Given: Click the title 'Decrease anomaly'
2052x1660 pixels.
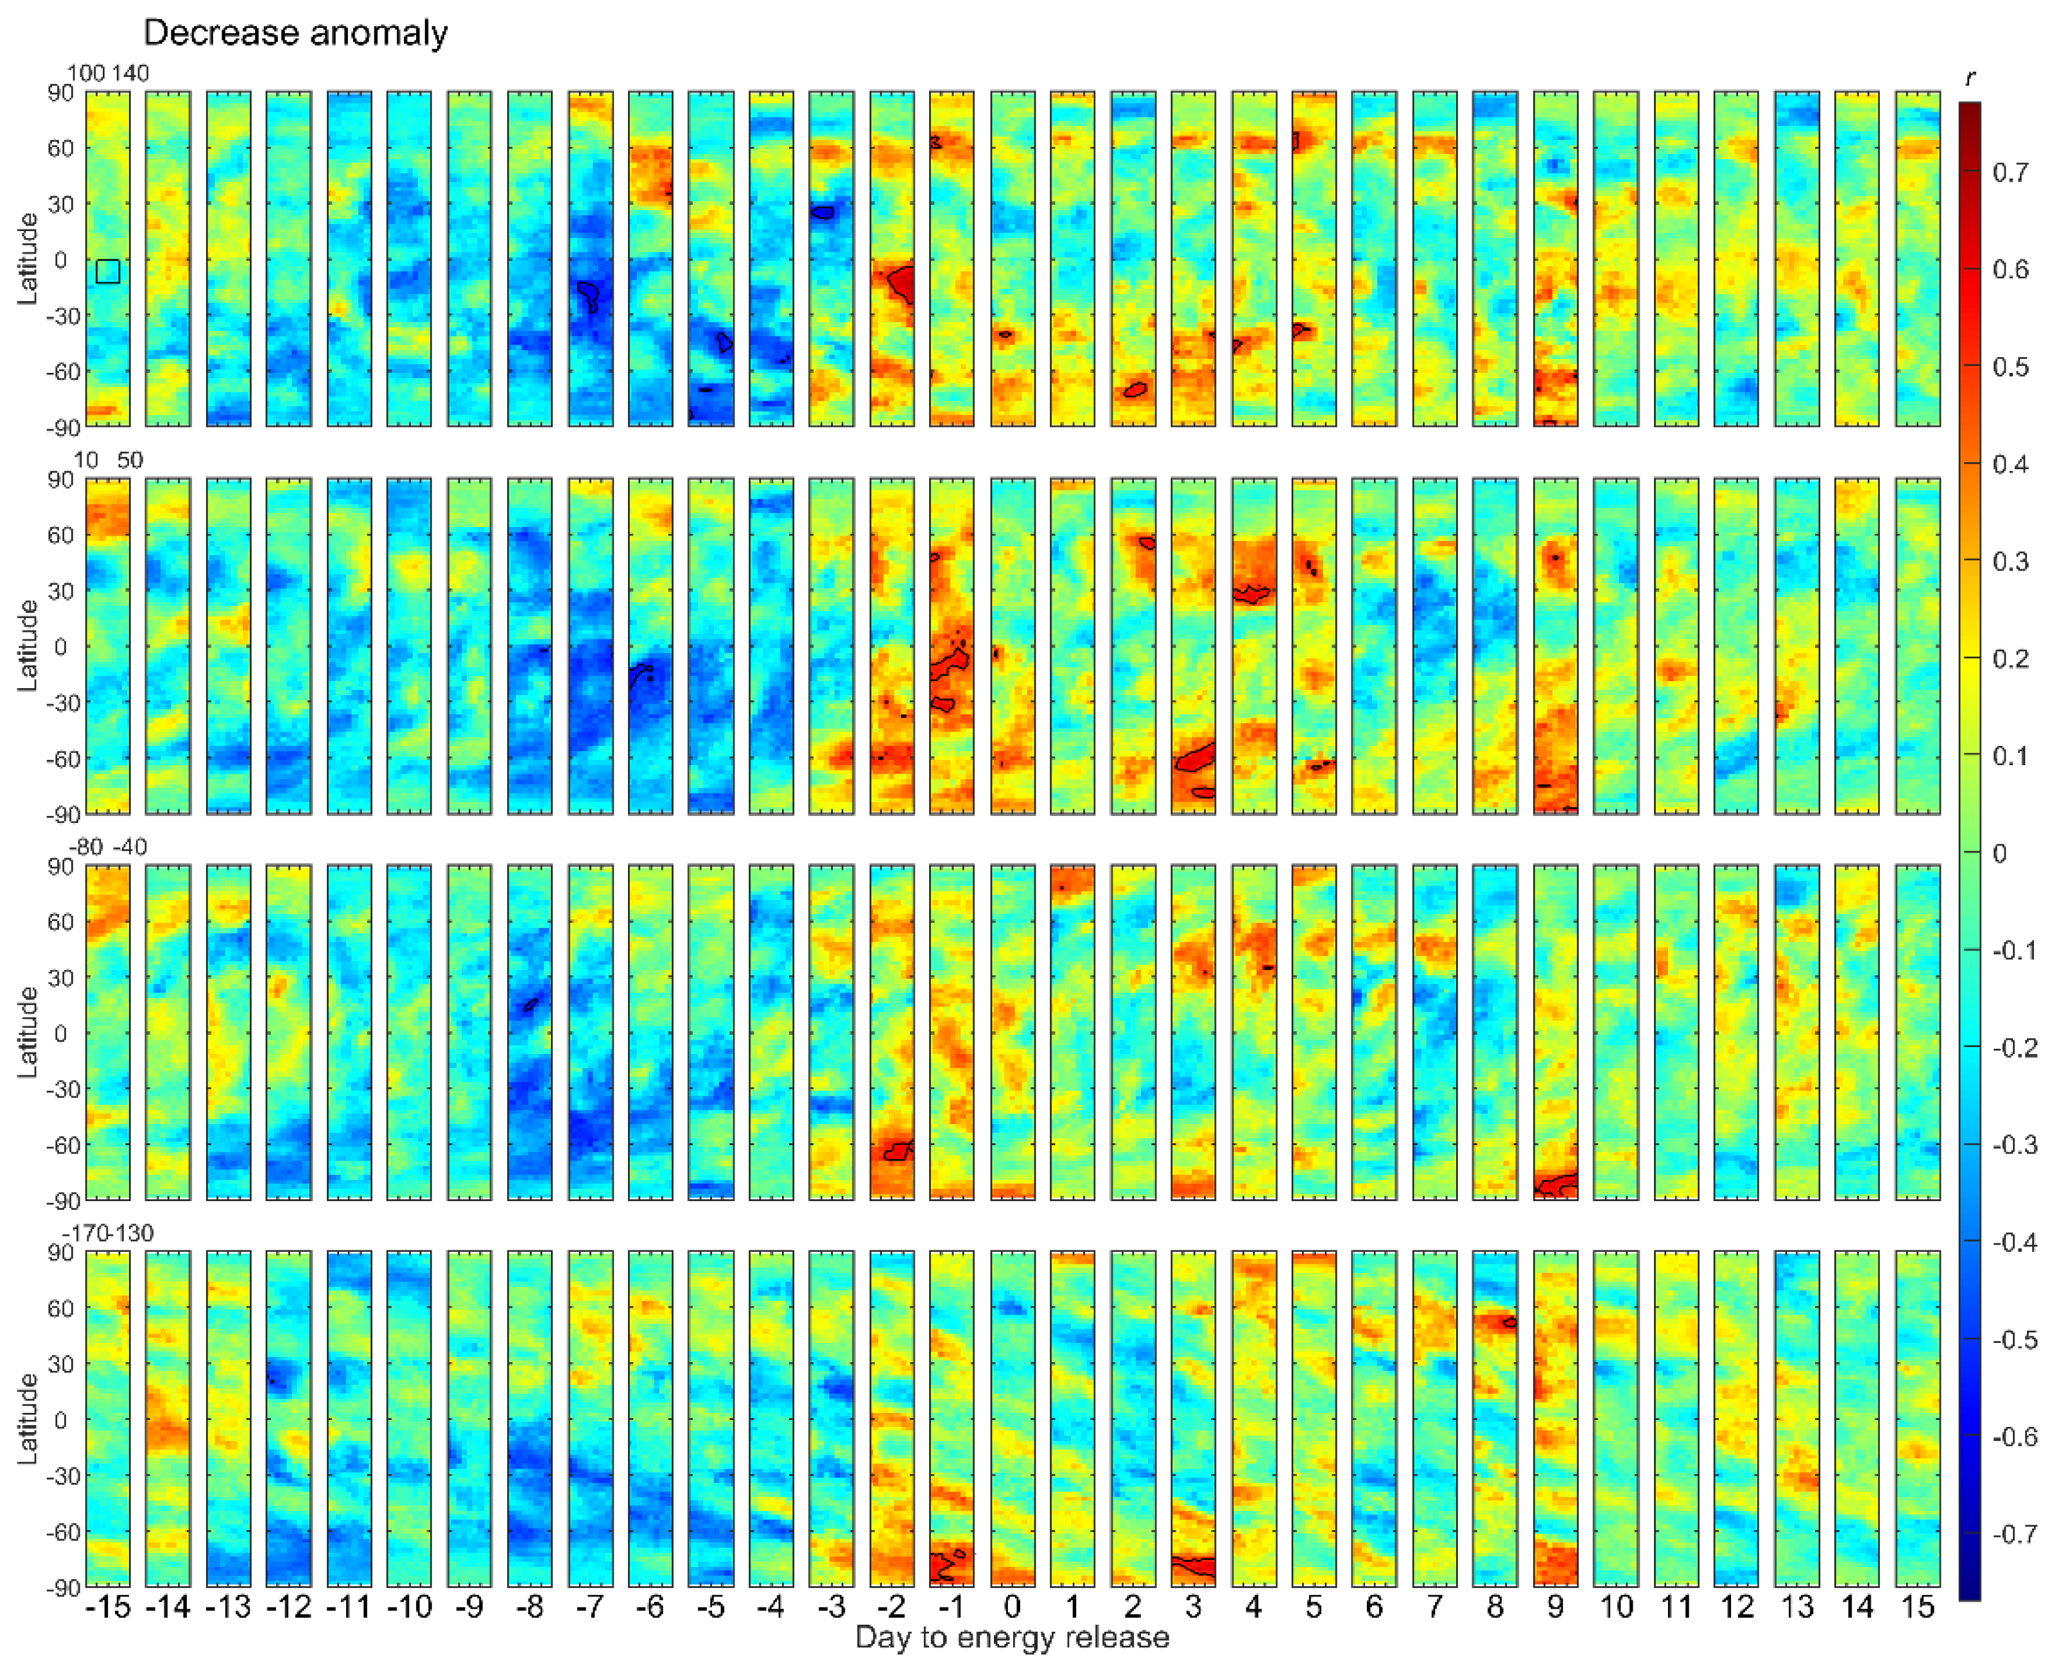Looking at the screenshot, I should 295,33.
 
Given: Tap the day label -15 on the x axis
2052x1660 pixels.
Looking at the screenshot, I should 107,1607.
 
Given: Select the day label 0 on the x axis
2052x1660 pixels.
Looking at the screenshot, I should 1012,1607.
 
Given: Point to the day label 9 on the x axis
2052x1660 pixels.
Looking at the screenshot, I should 1555,1607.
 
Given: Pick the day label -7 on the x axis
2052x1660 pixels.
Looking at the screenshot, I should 590,1607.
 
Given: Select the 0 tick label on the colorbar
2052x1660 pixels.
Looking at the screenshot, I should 1999,853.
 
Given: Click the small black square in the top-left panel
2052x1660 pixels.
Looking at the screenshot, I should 108,272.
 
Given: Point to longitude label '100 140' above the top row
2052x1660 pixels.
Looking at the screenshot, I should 108,74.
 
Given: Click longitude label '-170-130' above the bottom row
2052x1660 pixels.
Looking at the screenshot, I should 108,1234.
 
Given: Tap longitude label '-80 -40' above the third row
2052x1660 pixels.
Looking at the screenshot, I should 108,847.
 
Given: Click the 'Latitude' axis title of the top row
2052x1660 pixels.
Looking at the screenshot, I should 29,259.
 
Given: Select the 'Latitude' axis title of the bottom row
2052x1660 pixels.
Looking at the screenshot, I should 29,1419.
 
